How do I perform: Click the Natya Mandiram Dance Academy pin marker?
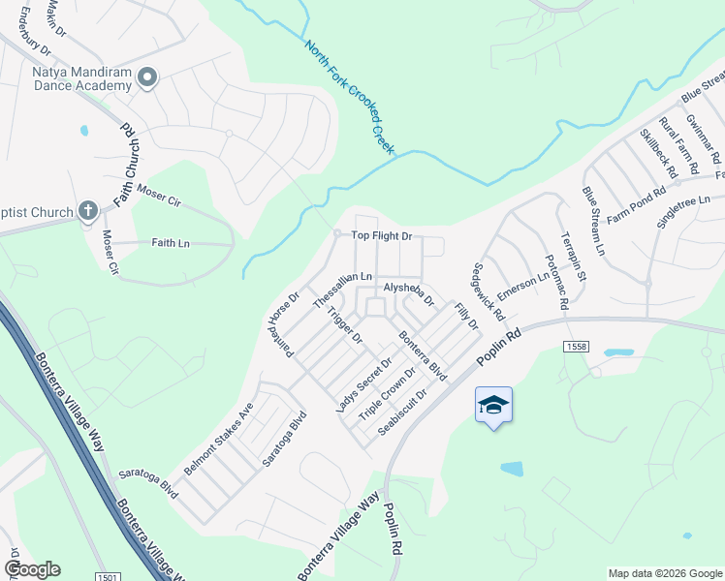(x=147, y=76)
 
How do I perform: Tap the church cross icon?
(x=87, y=211)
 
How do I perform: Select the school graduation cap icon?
(x=493, y=404)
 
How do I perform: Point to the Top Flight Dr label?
(x=382, y=235)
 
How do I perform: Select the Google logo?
(x=32, y=569)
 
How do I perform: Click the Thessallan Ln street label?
(x=342, y=290)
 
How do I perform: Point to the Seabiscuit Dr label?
(x=403, y=413)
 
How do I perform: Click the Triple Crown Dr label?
(x=387, y=392)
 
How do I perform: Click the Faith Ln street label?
(x=171, y=243)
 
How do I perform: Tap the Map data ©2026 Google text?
(x=664, y=573)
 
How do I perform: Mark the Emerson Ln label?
(x=523, y=285)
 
